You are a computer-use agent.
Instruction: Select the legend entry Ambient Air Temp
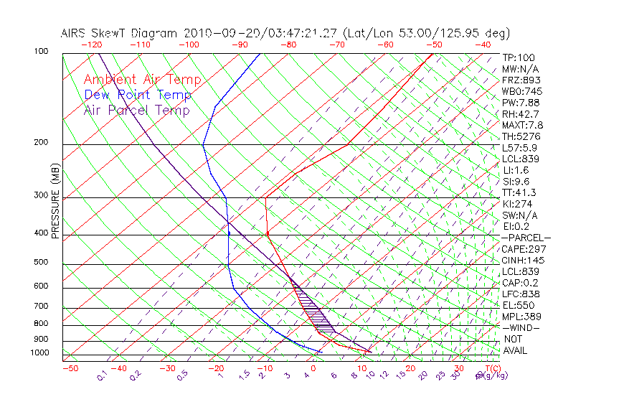coord(142,80)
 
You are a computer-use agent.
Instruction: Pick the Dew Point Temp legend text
coord(138,95)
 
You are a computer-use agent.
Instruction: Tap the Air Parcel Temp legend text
coord(137,110)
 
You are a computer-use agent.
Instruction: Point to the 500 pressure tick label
coord(42,263)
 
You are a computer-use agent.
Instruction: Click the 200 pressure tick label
coord(42,143)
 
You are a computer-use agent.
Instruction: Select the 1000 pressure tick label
coord(40,353)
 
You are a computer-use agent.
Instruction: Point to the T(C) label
coord(487,368)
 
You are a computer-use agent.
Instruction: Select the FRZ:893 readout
coord(519,80)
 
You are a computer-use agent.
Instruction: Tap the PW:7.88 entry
coord(519,103)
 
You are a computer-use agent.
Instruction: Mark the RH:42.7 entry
coord(519,114)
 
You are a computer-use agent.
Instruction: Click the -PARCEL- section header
coord(526,238)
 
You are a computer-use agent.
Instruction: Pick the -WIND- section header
coord(521,327)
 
